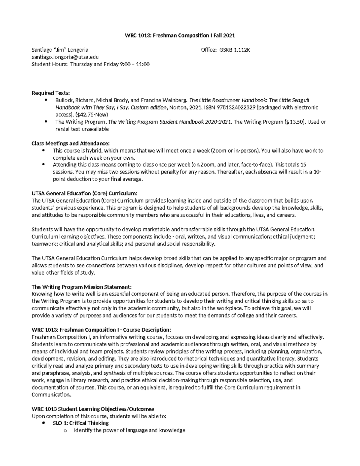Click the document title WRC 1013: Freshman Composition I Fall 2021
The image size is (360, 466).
pos(180,35)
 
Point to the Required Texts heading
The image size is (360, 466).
pos(50,93)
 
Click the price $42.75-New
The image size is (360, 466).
pos(91,115)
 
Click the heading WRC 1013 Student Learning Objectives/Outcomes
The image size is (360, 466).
pos(93,409)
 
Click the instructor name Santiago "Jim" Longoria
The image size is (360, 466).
pos(60,50)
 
